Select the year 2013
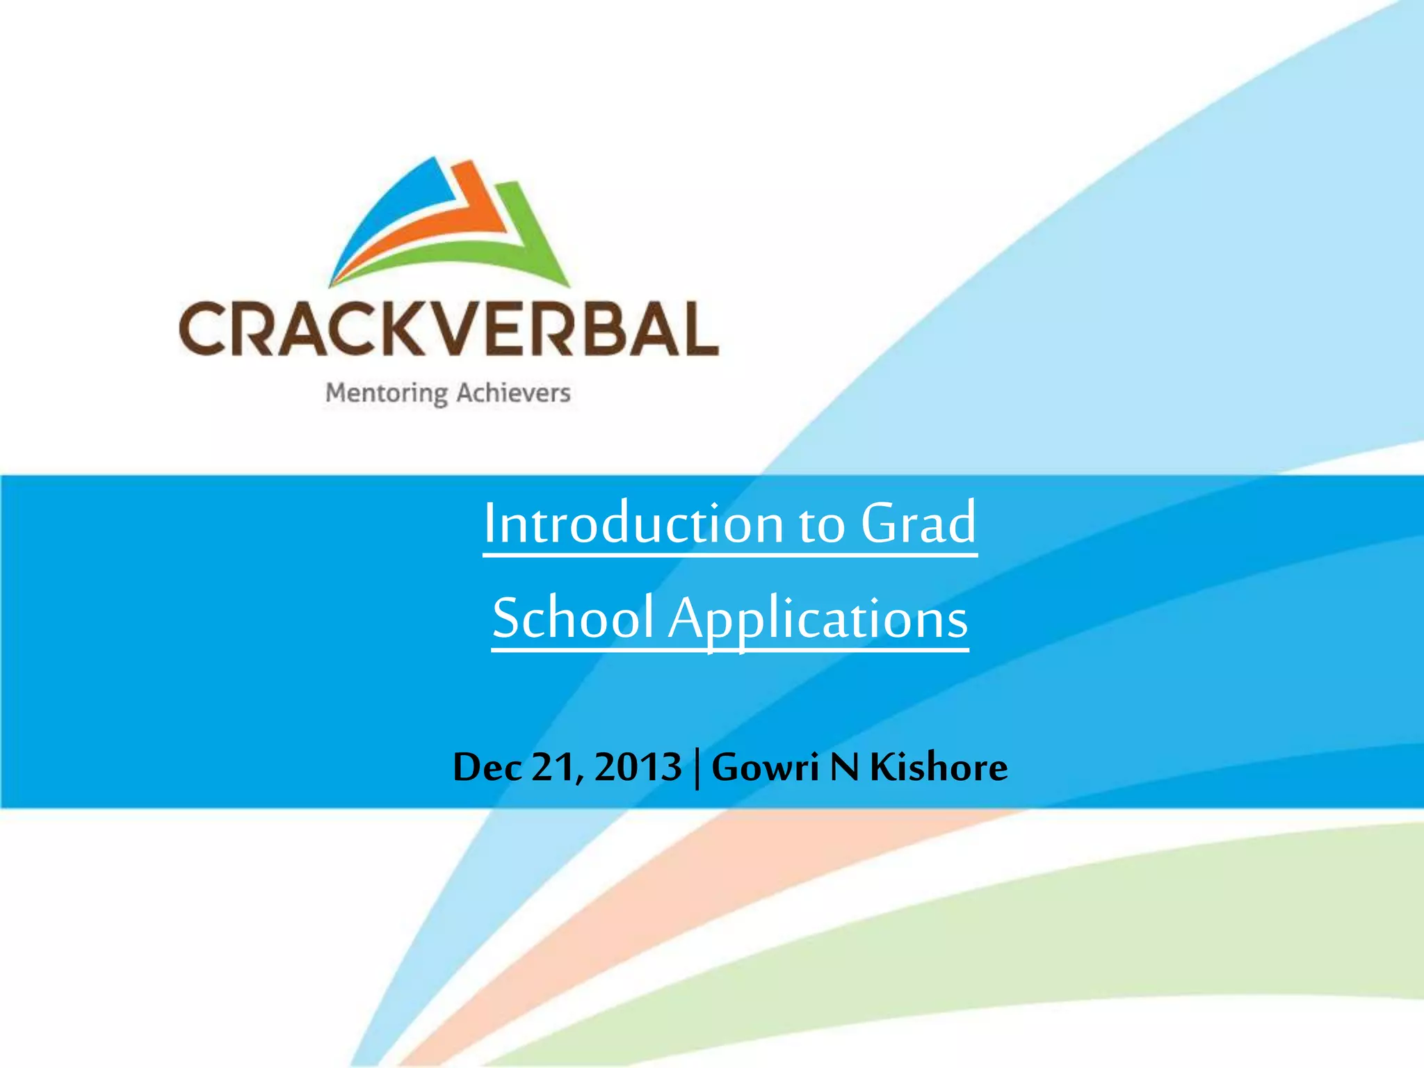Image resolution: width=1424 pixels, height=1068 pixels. (x=638, y=767)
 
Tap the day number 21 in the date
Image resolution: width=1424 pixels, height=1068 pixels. (x=552, y=767)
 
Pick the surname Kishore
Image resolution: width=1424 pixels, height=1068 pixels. (x=939, y=767)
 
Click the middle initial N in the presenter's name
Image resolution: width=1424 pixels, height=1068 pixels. (x=845, y=767)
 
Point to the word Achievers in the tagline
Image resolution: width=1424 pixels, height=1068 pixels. (x=513, y=393)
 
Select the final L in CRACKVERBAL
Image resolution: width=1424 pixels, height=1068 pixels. (x=697, y=329)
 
